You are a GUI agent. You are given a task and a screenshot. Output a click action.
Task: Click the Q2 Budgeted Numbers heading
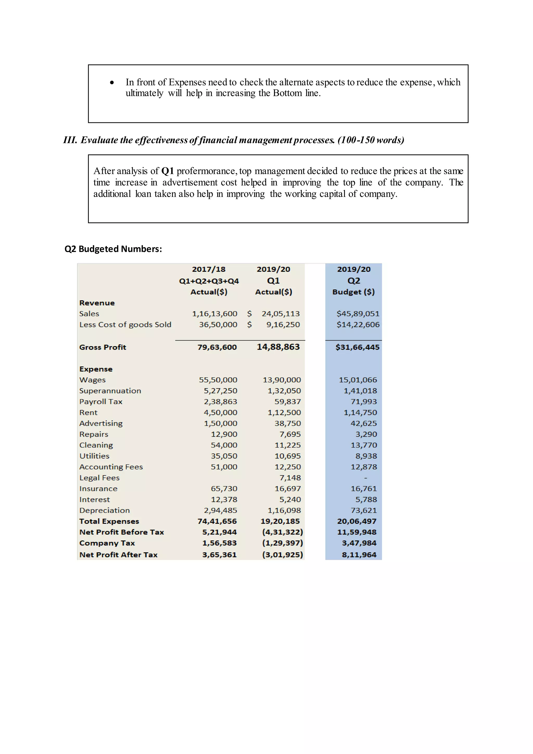pos(113,249)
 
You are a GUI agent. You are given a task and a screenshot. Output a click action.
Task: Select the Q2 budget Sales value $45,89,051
pos(358,314)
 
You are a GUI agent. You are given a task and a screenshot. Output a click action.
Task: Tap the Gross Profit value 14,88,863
pos(278,347)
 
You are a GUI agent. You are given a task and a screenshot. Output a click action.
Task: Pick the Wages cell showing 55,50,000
pos(218,380)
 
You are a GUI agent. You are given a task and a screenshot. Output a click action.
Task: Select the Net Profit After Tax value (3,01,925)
pos(282,555)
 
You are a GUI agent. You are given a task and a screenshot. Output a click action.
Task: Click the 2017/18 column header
pos(209,269)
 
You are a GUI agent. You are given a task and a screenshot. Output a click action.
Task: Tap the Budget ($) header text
pos(353,292)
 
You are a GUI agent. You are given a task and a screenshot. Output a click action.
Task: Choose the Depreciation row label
pos(104,510)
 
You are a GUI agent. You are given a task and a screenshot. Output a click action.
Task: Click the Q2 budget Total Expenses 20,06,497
pos(357,521)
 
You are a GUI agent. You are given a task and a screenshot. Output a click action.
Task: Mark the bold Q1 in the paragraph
pos(167,171)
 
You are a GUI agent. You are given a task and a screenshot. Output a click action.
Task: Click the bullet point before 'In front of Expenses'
pos(112,83)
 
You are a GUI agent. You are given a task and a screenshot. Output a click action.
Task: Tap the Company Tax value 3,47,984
pos(359,543)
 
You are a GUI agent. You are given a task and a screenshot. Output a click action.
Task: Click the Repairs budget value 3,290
pos(366,434)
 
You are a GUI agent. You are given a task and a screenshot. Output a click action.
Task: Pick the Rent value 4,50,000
pos(220,412)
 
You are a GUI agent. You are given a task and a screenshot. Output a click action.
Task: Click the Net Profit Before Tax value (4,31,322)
pos(282,532)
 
